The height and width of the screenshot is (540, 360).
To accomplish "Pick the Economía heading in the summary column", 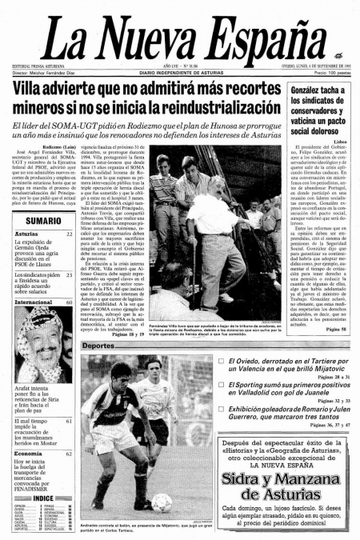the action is coord(28,454).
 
